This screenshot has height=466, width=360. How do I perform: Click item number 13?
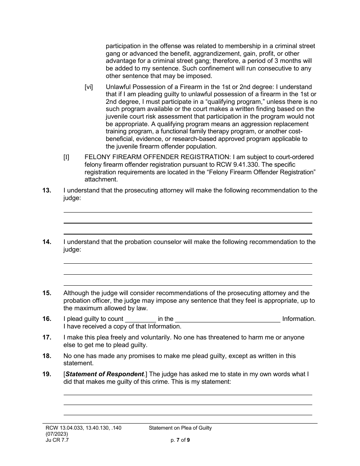(47, 191)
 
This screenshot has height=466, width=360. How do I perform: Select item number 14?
(47, 242)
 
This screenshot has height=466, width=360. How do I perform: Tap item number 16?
(47, 319)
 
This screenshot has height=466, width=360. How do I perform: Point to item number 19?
(47, 374)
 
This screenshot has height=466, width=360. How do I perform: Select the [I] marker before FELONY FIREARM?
(66, 157)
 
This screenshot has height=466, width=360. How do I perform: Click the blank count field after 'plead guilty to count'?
(140, 319)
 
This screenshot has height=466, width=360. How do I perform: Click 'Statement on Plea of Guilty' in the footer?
(180, 428)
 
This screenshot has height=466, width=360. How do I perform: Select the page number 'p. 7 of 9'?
(180, 440)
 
